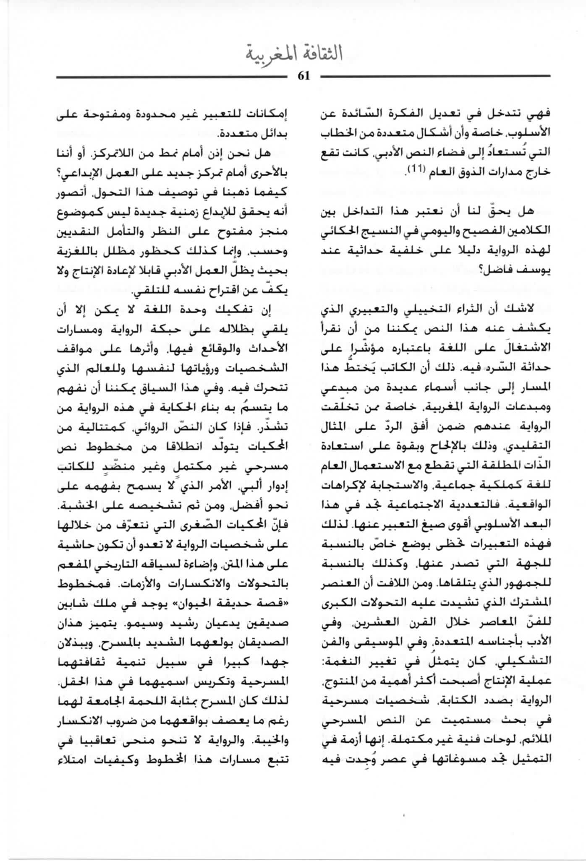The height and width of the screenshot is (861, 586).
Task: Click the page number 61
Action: coord(303,76)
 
